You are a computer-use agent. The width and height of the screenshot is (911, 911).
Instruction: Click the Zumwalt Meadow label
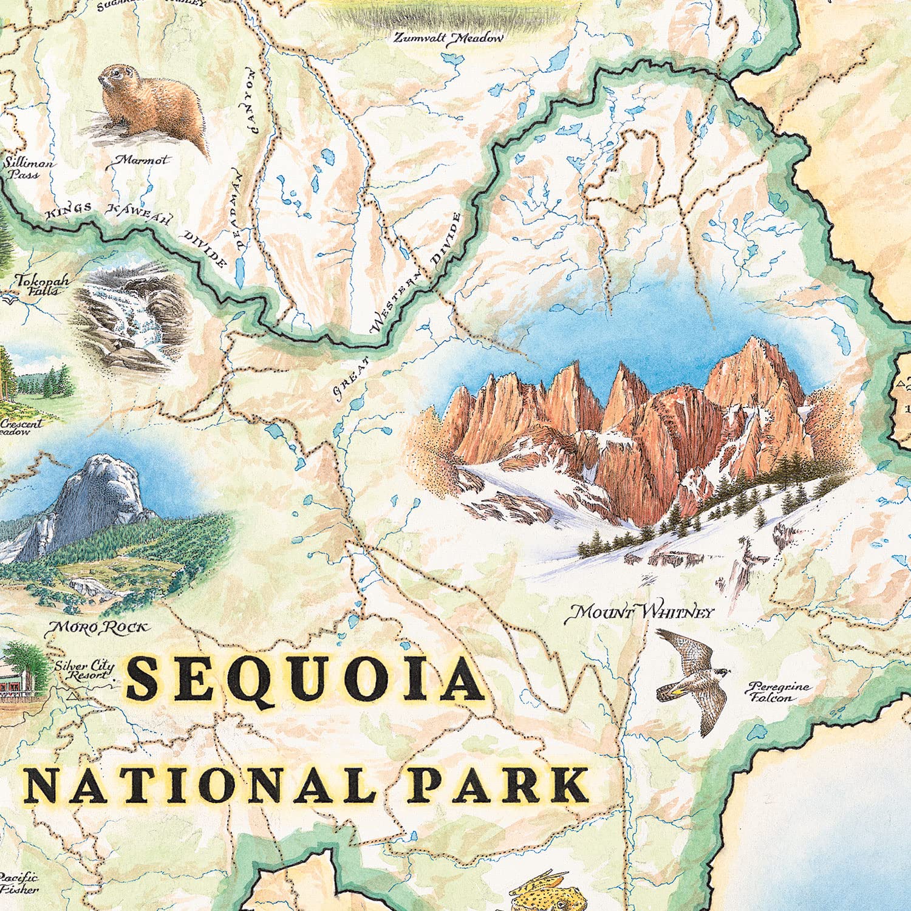pyautogui.click(x=448, y=38)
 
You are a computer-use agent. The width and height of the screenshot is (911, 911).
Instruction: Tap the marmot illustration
pyautogui.click(x=152, y=109)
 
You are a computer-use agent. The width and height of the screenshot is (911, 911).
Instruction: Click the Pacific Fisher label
pyautogui.click(x=18, y=883)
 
